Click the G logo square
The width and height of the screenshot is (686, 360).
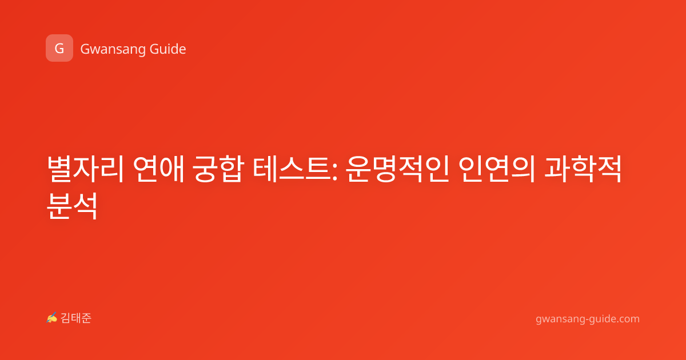[x=59, y=48]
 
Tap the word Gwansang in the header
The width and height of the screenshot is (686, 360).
[x=113, y=49]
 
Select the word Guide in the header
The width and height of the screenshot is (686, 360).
[x=168, y=49]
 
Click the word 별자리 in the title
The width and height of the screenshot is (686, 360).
[x=85, y=169]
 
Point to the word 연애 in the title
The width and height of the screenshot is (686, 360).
[x=159, y=169]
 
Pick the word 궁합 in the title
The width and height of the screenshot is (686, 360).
[x=218, y=169]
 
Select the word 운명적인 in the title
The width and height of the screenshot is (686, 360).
[x=397, y=169]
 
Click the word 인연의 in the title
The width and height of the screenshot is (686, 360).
[x=497, y=169]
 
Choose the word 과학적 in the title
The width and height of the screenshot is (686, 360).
[x=583, y=169]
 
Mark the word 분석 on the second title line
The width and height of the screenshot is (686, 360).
[x=72, y=206]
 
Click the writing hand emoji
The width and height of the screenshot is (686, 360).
[x=51, y=318]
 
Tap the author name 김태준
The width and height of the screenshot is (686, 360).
[x=76, y=318]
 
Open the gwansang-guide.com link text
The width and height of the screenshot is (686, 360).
[x=588, y=319]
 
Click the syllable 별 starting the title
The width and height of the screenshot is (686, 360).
[x=60, y=169]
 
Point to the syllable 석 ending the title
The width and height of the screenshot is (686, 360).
[x=85, y=206]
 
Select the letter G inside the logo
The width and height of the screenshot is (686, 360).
[x=59, y=49]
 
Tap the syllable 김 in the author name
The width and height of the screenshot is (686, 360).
[x=66, y=318]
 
